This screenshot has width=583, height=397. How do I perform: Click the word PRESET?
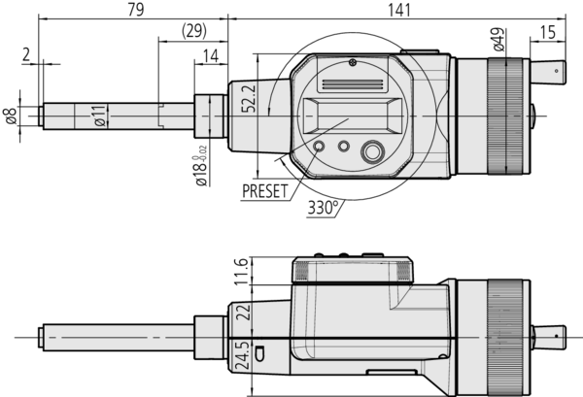(265, 190)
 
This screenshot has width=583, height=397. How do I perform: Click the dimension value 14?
(210, 58)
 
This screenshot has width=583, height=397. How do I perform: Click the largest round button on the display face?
(372, 151)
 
